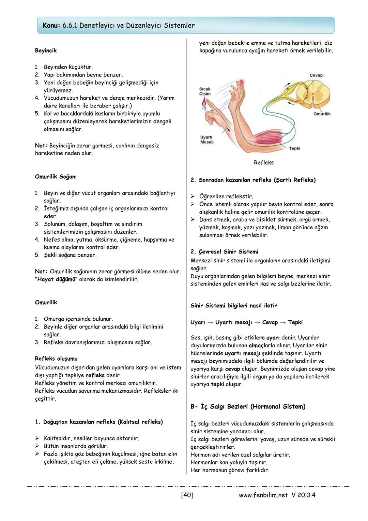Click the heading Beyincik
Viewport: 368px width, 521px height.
pos(46,50)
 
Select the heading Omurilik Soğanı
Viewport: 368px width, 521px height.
pos(56,177)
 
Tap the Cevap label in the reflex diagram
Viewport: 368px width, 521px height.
pos(316,75)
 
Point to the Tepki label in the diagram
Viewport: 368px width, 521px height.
pos(294,148)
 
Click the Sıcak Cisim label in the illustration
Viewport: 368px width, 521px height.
pos(205,91)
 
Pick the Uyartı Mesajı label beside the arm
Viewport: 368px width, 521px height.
pos(206,140)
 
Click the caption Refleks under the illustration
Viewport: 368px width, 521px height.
pos(263,163)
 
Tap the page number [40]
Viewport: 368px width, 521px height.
pos(187,495)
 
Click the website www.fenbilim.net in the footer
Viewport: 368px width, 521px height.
pos(263,495)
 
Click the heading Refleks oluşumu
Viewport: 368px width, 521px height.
pos(56,359)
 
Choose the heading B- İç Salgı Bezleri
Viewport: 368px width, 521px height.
pos(248,407)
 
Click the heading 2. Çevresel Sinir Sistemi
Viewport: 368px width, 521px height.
pos(224,252)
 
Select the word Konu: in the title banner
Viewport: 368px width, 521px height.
pos(51,26)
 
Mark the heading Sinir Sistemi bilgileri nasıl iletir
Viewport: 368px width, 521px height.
pos(233,306)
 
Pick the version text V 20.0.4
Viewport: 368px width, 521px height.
pos(303,495)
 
